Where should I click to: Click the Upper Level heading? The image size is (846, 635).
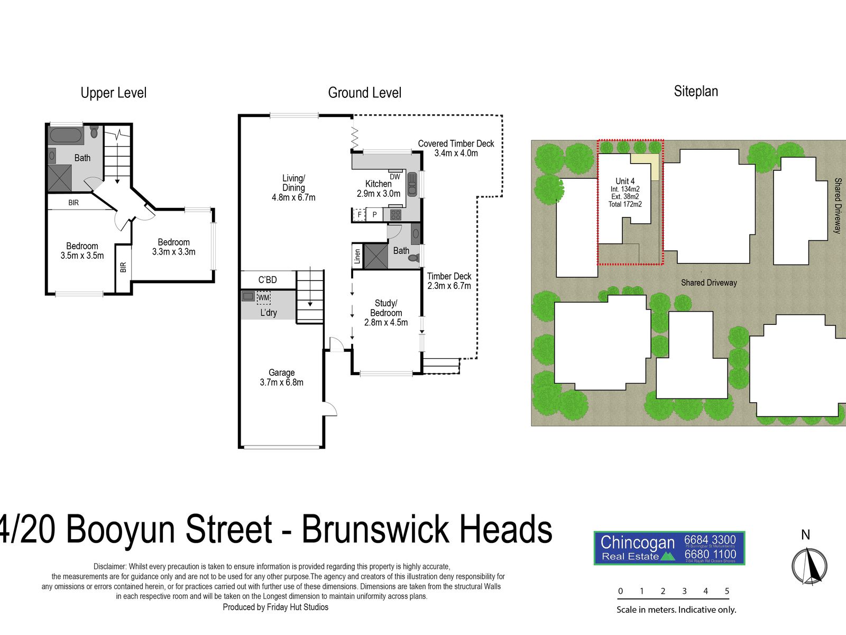tap(113, 93)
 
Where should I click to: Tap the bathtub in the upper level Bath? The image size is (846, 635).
tap(66, 135)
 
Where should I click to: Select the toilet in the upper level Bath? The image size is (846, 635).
tap(95, 131)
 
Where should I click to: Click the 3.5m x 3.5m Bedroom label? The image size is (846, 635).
tap(82, 251)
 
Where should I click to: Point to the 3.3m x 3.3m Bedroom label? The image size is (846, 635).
tap(173, 247)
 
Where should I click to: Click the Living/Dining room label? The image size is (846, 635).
tap(293, 188)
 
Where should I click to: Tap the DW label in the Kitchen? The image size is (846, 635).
tap(395, 177)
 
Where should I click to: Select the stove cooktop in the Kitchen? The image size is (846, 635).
tap(396, 215)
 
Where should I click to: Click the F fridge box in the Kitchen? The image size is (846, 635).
tap(360, 215)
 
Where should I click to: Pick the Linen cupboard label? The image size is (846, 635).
tap(357, 257)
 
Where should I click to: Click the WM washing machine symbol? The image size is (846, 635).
tap(263, 298)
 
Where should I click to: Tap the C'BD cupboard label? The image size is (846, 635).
tap(268, 280)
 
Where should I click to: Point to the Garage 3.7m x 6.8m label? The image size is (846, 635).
tap(281, 377)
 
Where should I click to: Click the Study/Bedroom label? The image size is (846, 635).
tap(386, 313)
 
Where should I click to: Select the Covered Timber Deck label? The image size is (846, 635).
tap(456, 148)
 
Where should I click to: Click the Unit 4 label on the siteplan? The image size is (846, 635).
tap(625, 182)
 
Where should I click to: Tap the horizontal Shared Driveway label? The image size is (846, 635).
tap(709, 283)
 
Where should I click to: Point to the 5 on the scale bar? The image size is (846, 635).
tap(727, 591)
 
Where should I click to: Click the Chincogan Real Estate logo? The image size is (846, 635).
tap(669, 548)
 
